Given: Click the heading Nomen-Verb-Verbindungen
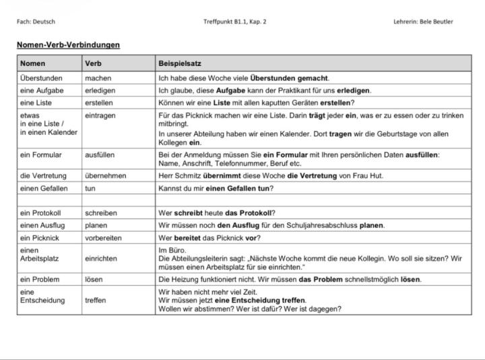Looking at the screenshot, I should point(68,45).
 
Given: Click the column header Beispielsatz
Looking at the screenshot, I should point(177,64).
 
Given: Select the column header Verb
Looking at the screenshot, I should point(93,64).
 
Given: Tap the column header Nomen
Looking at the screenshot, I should point(33,64).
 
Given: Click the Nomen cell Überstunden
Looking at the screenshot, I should point(42,78).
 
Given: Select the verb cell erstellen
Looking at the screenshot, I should point(99,102).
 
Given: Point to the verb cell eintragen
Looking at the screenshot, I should point(100,115).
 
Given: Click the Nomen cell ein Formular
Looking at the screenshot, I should point(40,154).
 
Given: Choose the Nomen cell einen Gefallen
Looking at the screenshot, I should point(44,188).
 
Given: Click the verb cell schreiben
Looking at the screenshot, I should point(101,213).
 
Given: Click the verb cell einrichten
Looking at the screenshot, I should point(101,258).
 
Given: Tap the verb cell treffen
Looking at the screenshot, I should point(96,300).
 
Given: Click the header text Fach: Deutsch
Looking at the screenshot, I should point(36,22).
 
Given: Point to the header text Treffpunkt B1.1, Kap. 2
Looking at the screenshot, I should point(235,22).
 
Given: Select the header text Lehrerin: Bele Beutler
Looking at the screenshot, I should point(423,22).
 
